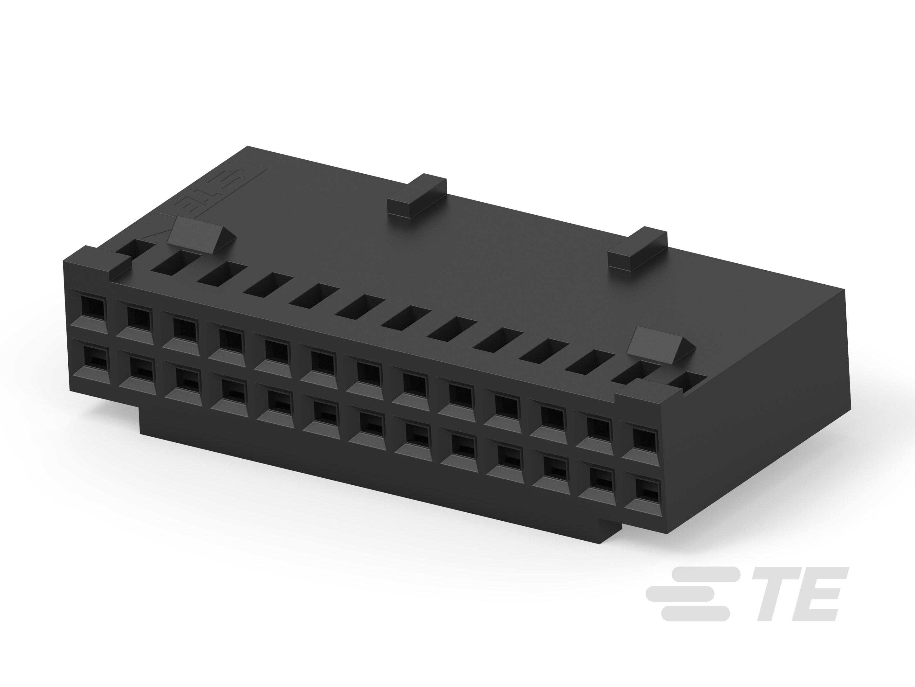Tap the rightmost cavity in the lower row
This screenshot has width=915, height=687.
[x=645, y=491]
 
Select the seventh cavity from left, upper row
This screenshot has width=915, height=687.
[x=367, y=375]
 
